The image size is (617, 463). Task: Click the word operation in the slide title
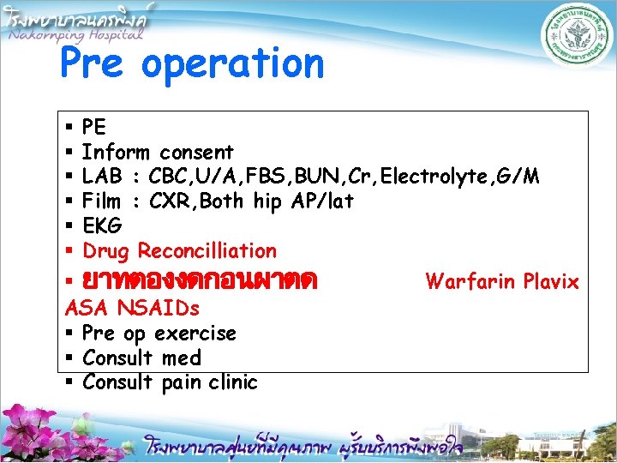(233, 65)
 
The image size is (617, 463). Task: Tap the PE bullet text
(94, 127)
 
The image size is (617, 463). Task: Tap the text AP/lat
(321, 201)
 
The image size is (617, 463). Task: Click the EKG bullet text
(102, 226)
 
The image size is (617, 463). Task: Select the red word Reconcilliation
(207, 251)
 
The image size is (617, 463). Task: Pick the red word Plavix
(551, 281)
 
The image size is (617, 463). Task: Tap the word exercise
(195, 333)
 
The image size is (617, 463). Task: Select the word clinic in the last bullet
(231, 382)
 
